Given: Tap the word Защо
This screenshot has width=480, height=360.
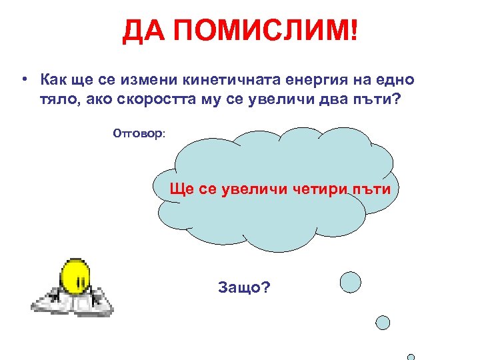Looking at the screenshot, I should coord(244,288).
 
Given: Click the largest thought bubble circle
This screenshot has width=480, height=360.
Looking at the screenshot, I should coord(351,282).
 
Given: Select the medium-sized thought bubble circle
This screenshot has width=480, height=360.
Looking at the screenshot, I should coord(383,323).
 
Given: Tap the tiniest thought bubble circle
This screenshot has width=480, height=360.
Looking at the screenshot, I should coord(411,357).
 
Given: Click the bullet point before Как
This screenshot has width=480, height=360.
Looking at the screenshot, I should coord(24,81).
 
